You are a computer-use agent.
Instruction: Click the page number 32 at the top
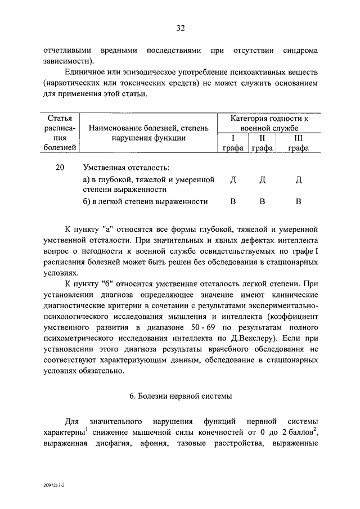(x=180, y=28)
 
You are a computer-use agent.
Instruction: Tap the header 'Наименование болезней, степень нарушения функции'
(x=148, y=133)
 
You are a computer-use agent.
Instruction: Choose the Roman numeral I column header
(x=232, y=137)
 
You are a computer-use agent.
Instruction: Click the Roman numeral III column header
(x=298, y=137)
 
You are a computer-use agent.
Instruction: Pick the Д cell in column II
(x=262, y=180)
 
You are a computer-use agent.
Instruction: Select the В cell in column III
(x=299, y=201)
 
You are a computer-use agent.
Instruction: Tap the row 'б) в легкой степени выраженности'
(x=145, y=201)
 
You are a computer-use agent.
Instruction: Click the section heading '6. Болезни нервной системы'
(x=180, y=396)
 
